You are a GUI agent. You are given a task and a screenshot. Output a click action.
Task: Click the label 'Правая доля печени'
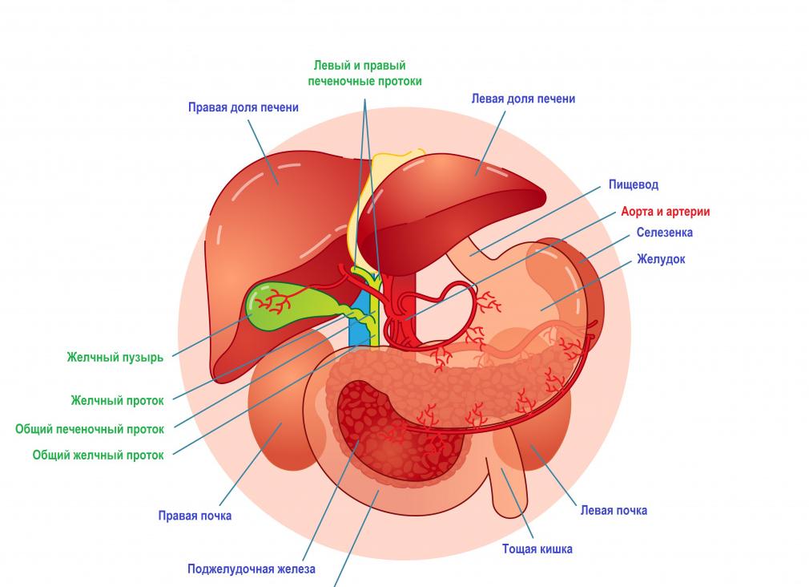[x=243, y=107]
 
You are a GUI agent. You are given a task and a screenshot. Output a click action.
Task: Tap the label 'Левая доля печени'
[x=523, y=99]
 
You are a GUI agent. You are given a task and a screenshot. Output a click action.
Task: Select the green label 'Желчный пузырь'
[x=115, y=358]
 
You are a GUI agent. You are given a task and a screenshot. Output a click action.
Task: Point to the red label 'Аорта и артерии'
[x=665, y=212]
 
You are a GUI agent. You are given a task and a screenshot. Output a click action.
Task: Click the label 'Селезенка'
[x=664, y=233]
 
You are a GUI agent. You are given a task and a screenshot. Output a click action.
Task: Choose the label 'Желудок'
[x=661, y=260]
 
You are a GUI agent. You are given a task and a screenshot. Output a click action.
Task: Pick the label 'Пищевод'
[x=633, y=184]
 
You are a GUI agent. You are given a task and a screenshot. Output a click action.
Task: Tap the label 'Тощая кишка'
[x=537, y=549]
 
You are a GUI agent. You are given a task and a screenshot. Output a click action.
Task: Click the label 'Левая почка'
[x=614, y=510]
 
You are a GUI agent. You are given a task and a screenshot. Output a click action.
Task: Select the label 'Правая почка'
[x=195, y=516]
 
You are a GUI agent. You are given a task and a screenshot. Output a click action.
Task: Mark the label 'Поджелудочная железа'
[x=251, y=569]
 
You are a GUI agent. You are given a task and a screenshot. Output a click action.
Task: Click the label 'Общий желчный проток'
[x=98, y=455]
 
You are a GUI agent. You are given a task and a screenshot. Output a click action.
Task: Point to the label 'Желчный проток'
[x=117, y=400]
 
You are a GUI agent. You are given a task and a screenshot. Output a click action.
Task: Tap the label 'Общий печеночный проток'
[x=90, y=429]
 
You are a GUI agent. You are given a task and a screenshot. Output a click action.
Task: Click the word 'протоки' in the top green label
[x=393, y=81]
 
